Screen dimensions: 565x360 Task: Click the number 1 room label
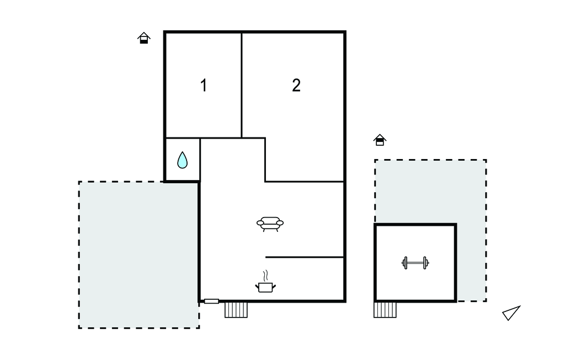click(x=204, y=86)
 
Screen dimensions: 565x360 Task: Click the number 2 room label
click(x=296, y=86)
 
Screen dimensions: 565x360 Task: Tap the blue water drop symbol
click(x=182, y=160)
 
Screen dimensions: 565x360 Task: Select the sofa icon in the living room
click(x=270, y=224)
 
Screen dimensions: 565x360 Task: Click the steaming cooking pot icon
click(x=265, y=282)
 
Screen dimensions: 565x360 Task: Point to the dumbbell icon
click(x=415, y=263)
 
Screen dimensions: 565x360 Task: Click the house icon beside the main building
click(x=144, y=38)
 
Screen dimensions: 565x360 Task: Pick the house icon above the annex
click(x=380, y=140)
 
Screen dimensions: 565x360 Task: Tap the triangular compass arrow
click(x=511, y=313)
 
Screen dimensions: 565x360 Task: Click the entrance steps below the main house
click(x=236, y=310)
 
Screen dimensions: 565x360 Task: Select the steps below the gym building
click(x=385, y=310)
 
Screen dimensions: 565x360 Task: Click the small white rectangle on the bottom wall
click(x=211, y=301)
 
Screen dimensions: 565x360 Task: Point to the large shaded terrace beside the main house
click(x=138, y=255)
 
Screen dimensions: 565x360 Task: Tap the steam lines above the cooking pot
click(x=265, y=276)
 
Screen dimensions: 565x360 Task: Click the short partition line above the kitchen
click(x=305, y=257)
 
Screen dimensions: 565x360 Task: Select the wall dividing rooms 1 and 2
click(x=242, y=86)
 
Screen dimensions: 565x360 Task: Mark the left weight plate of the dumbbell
click(x=405, y=263)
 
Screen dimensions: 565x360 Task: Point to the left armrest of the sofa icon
click(x=260, y=223)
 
